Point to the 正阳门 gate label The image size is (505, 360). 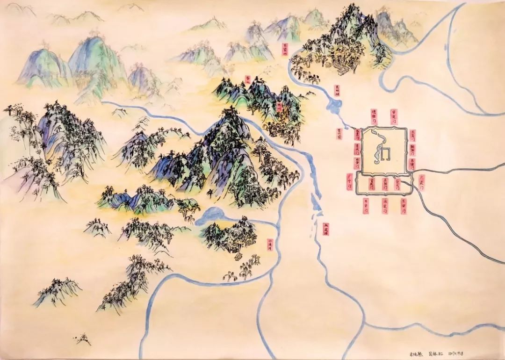coord(385,184)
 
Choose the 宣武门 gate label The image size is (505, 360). coord(372,184)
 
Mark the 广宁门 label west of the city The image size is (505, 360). coord(349,180)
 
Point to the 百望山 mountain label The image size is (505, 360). coord(285,49)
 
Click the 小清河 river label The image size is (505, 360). coord(270,245)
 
